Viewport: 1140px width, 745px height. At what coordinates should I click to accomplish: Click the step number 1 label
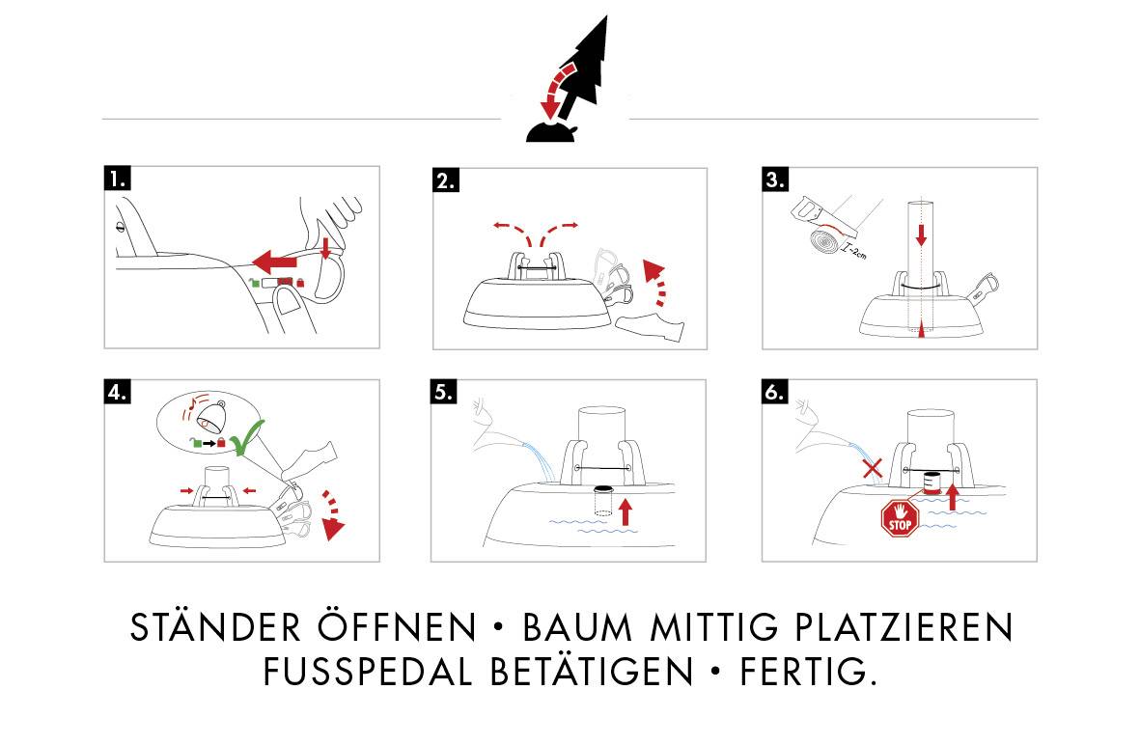(x=118, y=179)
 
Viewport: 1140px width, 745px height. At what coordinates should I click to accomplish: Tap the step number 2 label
(x=446, y=180)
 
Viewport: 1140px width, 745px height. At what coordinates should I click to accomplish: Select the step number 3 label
(x=775, y=180)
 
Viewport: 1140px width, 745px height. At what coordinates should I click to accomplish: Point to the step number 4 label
(x=118, y=393)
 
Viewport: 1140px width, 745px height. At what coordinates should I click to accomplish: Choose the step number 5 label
(x=445, y=393)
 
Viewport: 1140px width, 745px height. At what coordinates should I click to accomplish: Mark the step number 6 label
(x=775, y=393)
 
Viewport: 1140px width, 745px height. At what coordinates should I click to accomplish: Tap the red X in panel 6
(x=873, y=469)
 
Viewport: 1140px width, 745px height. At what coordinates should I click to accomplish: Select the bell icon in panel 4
(x=211, y=417)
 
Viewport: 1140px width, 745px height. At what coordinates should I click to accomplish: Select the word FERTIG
(x=808, y=672)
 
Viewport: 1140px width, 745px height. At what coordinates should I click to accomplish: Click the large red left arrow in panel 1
(x=278, y=260)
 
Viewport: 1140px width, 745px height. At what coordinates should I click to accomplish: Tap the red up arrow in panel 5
(x=625, y=510)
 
